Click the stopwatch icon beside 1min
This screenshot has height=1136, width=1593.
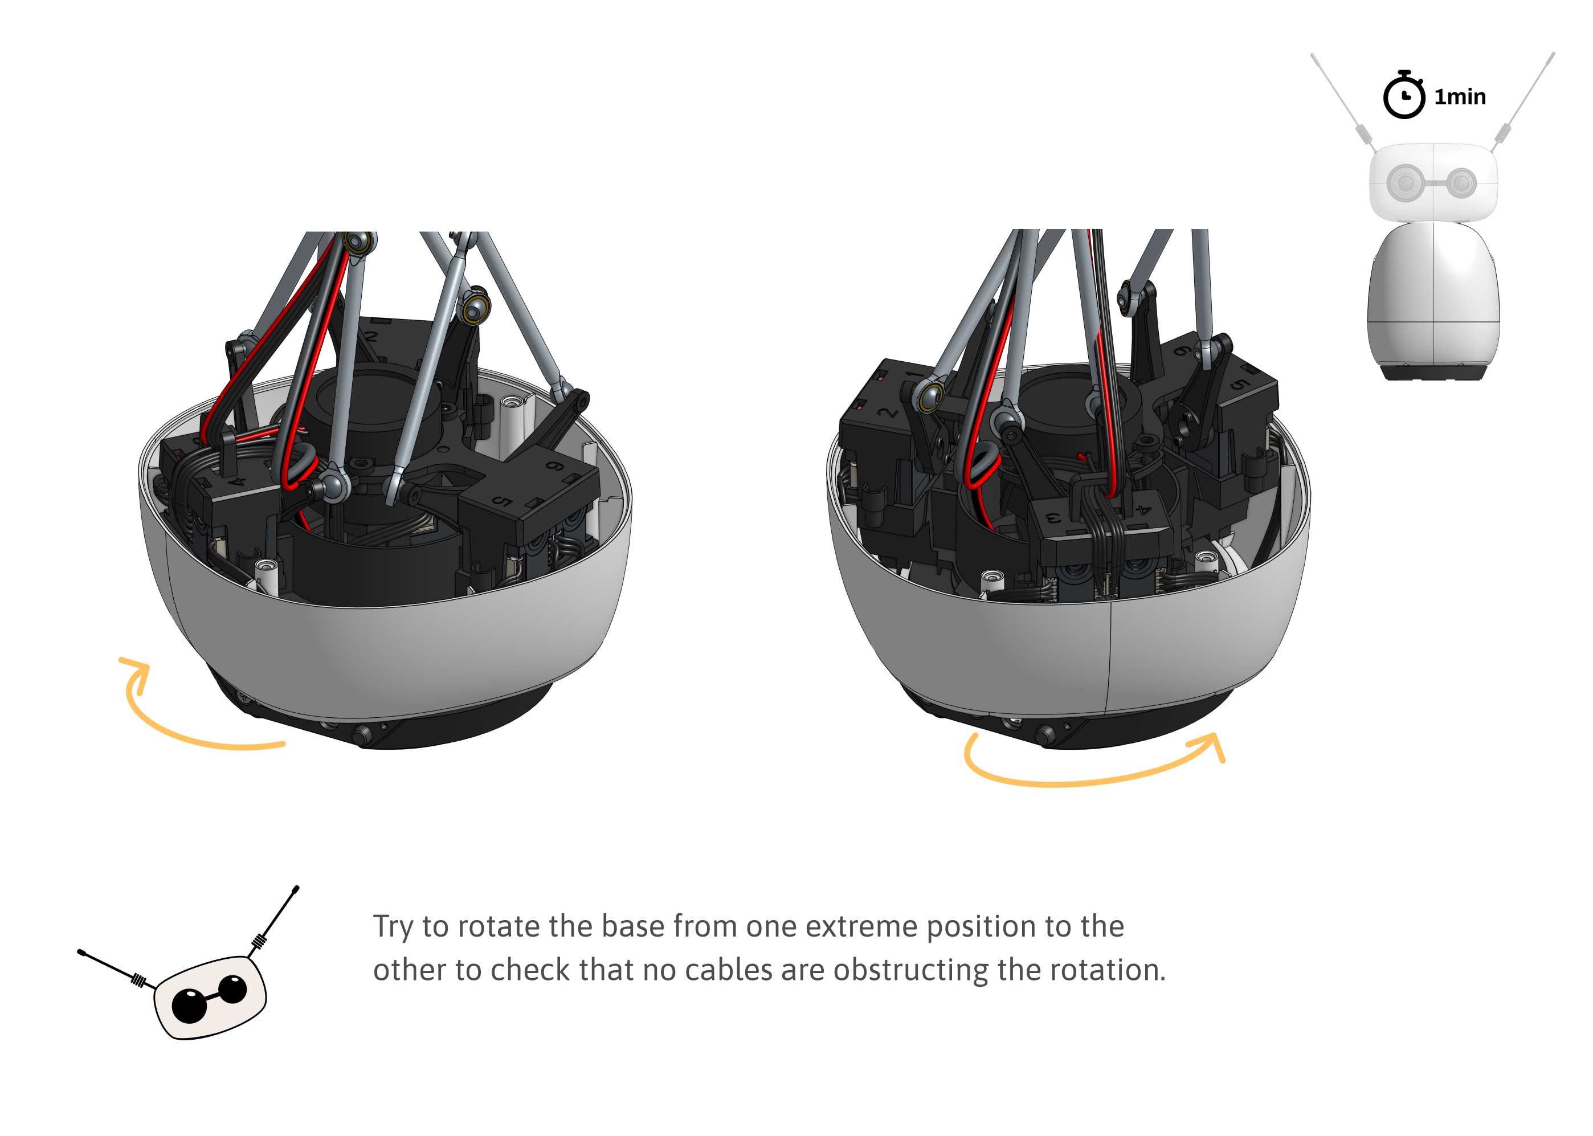1403,95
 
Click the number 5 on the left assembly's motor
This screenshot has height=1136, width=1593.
503,501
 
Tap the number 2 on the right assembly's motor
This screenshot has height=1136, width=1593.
888,412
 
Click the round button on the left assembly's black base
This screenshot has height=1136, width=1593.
362,734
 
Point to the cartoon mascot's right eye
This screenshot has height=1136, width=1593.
234,988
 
